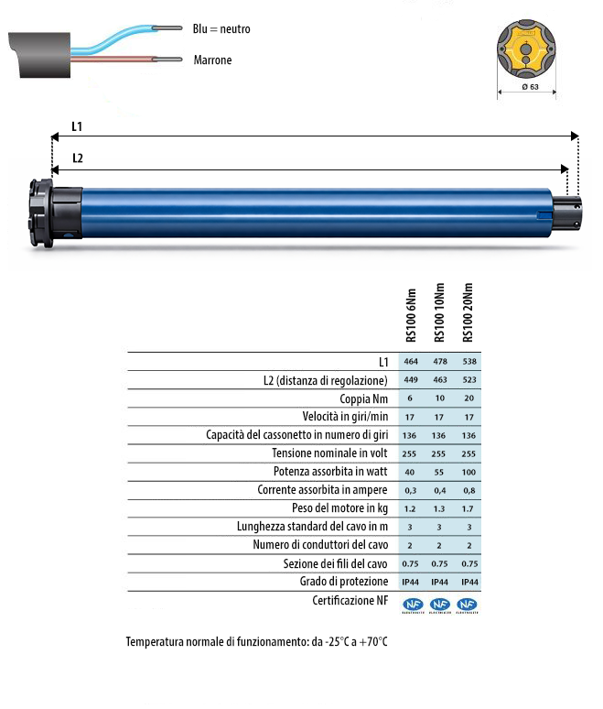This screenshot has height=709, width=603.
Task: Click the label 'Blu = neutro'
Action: tap(221, 29)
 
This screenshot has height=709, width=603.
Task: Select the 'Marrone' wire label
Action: tap(212, 60)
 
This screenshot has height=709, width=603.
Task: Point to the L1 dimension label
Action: tap(79, 126)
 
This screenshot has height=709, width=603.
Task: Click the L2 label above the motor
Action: tap(79, 158)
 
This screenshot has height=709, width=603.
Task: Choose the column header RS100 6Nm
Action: tap(411, 311)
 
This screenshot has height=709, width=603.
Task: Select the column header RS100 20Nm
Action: tap(468, 311)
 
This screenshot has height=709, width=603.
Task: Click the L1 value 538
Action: tap(468, 362)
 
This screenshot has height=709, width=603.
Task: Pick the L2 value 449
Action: tap(411, 379)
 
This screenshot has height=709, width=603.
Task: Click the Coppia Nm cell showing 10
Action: tap(440, 398)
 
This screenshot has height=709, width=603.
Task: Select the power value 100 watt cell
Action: tap(468, 472)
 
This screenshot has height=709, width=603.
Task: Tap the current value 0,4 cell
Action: tap(440, 490)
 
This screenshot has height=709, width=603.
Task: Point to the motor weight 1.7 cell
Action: tap(468, 508)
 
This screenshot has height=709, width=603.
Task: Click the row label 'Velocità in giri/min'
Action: tap(338, 417)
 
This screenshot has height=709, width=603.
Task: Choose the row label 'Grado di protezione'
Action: tap(343, 582)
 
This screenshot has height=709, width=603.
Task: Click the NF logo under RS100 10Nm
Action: tap(440, 604)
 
